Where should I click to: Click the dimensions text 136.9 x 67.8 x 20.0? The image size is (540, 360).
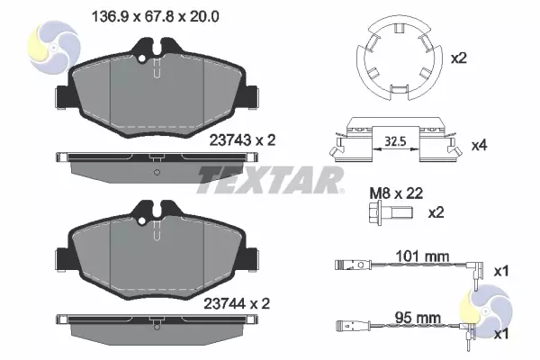[x=155, y=16]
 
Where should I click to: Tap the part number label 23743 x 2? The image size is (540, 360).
[x=242, y=140]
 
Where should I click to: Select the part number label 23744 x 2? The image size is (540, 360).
[x=237, y=304]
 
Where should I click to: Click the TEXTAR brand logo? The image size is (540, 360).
[x=270, y=180]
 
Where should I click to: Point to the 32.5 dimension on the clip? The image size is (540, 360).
[x=395, y=141]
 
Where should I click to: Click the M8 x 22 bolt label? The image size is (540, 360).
[x=396, y=193]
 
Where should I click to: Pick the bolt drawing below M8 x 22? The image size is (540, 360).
[x=390, y=214]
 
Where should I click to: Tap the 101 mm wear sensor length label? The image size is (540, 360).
[x=422, y=256]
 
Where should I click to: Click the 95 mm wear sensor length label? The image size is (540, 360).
[x=418, y=318]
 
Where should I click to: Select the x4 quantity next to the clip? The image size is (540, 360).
[x=479, y=146]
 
